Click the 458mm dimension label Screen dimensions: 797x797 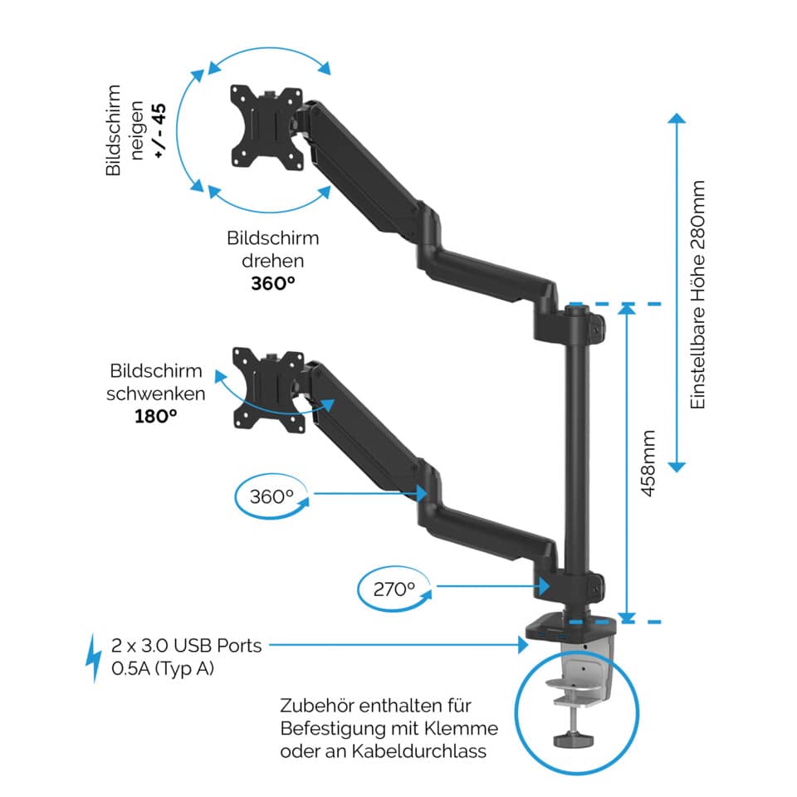click(x=648, y=463)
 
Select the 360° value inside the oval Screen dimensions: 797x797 click(x=272, y=496)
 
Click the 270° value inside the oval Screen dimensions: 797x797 click(x=394, y=589)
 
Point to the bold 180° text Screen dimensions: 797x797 click(x=156, y=415)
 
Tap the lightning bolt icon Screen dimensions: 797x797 click(x=95, y=658)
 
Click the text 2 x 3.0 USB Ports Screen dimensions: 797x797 click(x=187, y=645)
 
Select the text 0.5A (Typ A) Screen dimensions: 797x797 click(x=162, y=667)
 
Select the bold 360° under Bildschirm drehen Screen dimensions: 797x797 click(x=273, y=282)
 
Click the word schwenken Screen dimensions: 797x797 click(x=156, y=393)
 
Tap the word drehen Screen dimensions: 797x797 click(x=273, y=260)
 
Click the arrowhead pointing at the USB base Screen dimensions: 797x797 click(x=522, y=644)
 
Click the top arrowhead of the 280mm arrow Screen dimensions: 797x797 click(x=678, y=118)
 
